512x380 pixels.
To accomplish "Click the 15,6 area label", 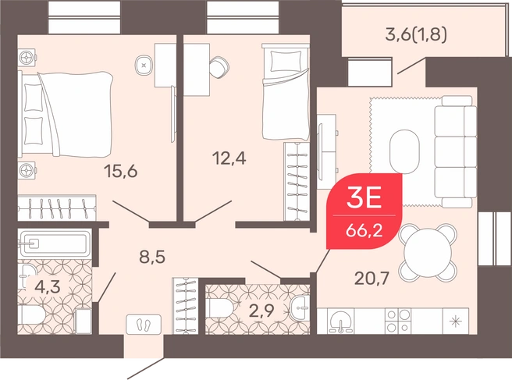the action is click(x=120, y=172).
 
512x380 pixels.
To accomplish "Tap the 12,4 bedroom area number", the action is click(x=229, y=158).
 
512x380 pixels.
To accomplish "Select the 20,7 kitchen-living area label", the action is click(x=372, y=279).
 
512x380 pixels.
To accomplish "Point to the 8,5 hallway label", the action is click(x=152, y=257).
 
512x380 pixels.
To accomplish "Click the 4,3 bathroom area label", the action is click(x=48, y=287).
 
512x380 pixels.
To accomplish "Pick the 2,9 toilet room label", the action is click(x=261, y=311).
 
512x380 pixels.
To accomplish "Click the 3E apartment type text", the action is click(x=364, y=198).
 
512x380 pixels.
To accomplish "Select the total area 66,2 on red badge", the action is click(x=364, y=231).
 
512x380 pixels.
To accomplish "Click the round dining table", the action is click(x=428, y=252).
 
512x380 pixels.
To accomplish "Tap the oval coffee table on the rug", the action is click(x=404, y=151).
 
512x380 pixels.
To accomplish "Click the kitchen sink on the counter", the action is click(x=342, y=321).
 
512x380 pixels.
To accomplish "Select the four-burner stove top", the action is click(x=398, y=321).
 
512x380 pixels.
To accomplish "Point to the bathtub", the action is click(x=54, y=243).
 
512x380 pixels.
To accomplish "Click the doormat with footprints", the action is click(x=144, y=324).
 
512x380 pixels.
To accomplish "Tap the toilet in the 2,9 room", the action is click(x=219, y=310).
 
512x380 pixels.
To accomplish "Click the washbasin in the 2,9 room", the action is click(x=300, y=307).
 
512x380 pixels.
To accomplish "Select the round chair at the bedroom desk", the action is click(x=219, y=67).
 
